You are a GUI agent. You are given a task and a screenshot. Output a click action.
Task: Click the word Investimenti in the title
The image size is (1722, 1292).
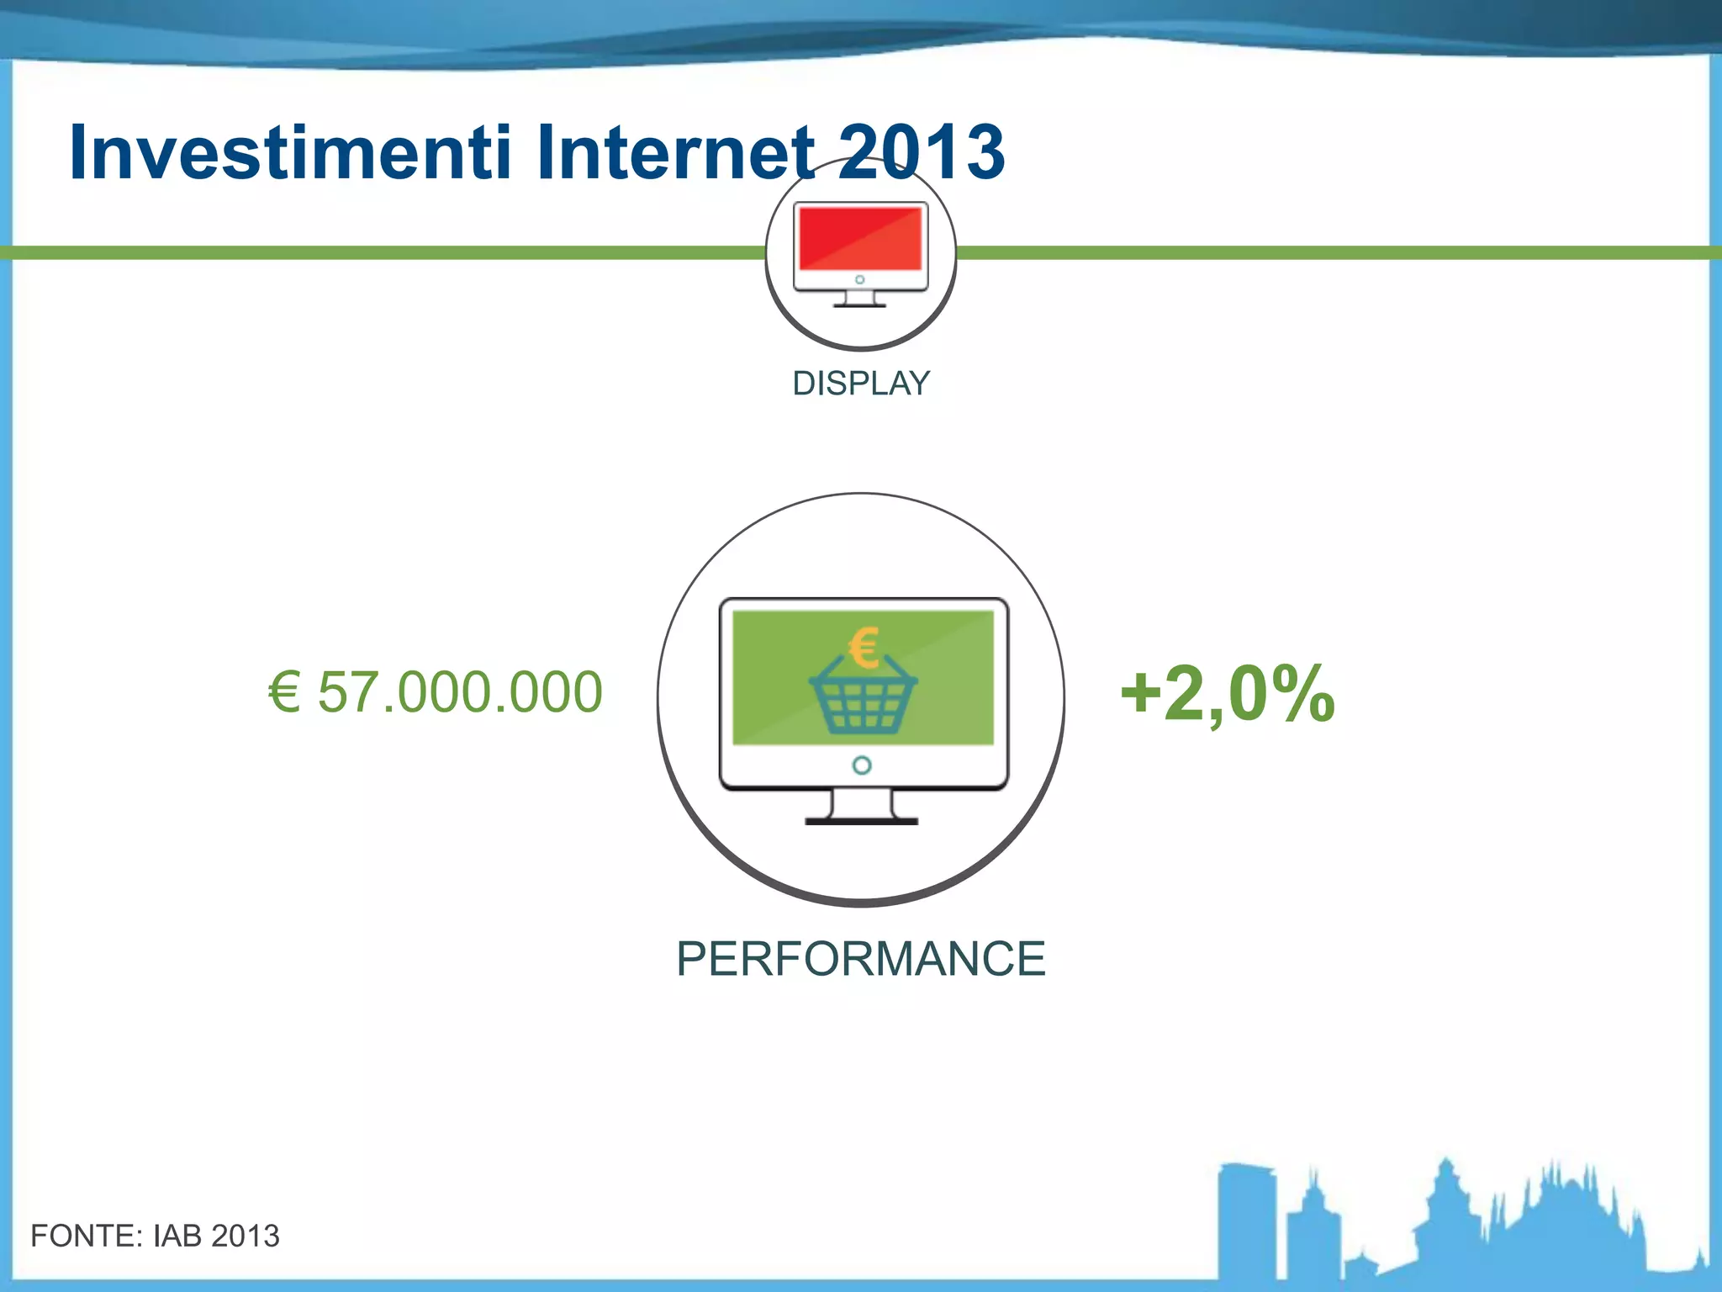[x=290, y=153]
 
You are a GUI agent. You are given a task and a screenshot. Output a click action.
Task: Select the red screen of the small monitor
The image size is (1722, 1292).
[x=860, y=238]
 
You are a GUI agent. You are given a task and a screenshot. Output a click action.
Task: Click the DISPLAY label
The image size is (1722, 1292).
[x=861, y=384]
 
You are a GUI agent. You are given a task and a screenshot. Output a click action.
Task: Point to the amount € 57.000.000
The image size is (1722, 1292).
[x=436, y=692]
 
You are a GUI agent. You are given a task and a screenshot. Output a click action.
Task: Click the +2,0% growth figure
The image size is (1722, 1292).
[x=1227, y=693]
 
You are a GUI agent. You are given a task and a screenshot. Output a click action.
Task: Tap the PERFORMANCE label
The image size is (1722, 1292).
[x=861, y=959]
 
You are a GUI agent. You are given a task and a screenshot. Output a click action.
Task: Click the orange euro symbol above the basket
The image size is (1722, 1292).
[x=864, y=648]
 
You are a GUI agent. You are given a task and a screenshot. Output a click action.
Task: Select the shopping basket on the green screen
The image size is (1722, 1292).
[x=863, y=702]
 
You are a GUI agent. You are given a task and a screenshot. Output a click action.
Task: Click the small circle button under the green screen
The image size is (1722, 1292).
[x=862, y=765]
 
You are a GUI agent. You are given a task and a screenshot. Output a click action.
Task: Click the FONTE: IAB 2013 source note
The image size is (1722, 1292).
[x=155, y=1236]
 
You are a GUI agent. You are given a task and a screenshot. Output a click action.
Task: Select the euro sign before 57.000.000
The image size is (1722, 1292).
[x=284, y=692]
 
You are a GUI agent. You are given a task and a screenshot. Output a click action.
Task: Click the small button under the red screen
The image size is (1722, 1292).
[x=859, y=279]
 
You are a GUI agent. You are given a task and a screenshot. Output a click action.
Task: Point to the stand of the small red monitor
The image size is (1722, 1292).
[x=859, y=300]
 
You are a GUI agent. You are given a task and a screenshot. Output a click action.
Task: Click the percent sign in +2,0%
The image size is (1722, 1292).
[x=1302, y=695]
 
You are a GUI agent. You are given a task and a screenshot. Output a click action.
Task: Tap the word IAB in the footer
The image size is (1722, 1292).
[x=177, y=1236]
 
